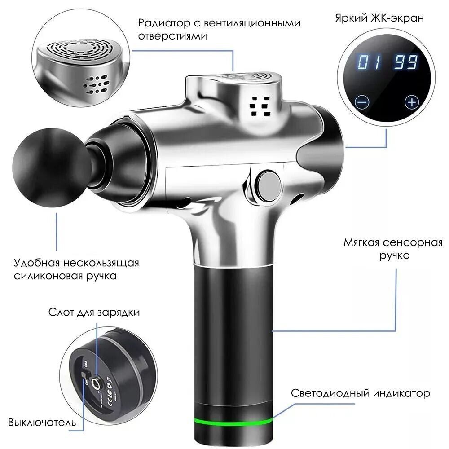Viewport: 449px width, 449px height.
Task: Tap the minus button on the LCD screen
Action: tap(362, 102)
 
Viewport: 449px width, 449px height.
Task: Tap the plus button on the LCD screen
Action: tap(412, 102)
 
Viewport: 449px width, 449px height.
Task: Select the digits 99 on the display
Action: tap(406, 62)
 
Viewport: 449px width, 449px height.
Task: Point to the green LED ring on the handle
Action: tap(233, 421)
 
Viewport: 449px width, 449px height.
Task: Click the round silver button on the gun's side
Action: tap(268, 184)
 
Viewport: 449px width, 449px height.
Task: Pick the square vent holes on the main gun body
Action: tap(260, 106)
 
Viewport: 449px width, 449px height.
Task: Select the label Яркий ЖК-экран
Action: tap(379, 18)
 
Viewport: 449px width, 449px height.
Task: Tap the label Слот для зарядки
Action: tap(94, 312)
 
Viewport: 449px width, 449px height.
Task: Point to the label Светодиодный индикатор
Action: tap(361, 393)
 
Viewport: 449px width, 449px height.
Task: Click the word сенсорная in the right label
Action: tap(413, 242)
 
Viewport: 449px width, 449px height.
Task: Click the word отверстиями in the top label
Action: tap(172, 36)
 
